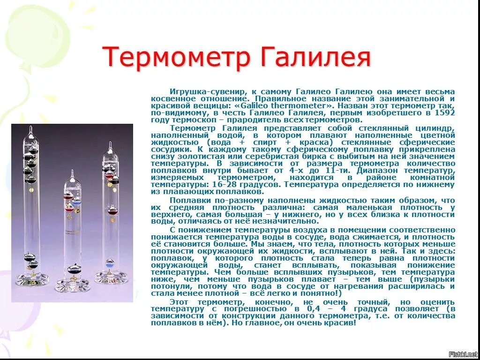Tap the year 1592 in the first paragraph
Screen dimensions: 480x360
[445, 113]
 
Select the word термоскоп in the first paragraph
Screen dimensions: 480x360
[190, 120]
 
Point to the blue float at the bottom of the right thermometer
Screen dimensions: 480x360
[109, 262]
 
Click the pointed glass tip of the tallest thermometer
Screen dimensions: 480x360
[30, 130]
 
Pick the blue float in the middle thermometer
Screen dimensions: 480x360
[76, 202]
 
